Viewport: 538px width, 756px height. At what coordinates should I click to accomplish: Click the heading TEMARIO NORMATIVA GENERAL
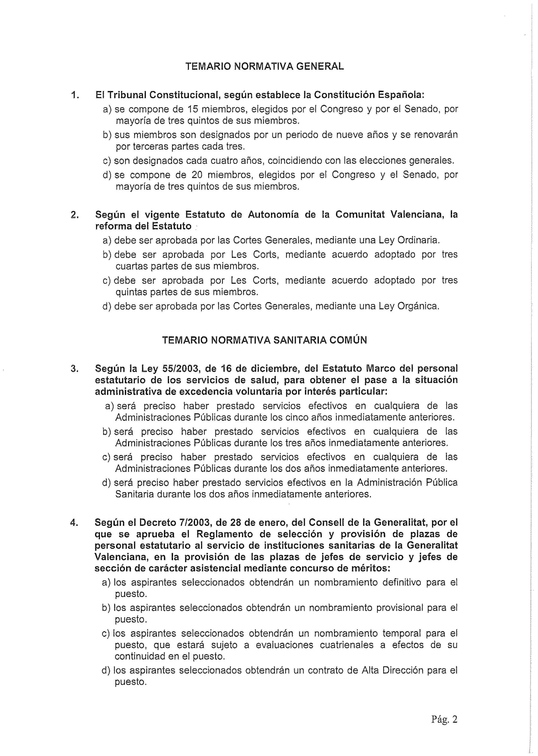coord(264,66)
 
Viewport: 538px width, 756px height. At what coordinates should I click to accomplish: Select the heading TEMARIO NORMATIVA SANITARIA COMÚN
coord(264,340)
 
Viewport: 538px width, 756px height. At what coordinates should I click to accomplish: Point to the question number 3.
coord(74,369)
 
